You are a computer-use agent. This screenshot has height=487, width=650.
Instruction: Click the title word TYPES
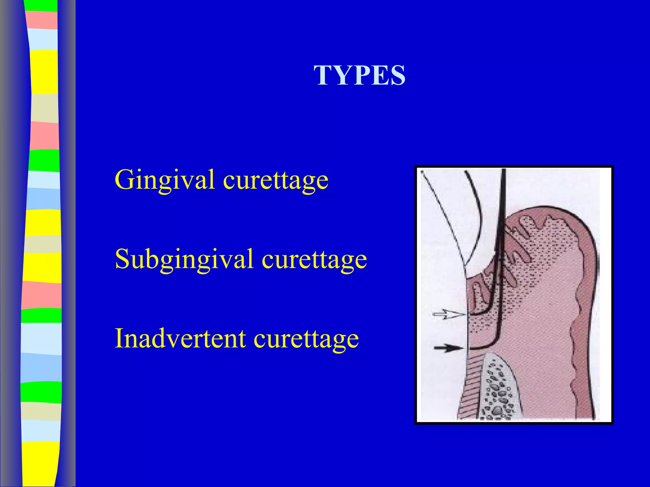360,75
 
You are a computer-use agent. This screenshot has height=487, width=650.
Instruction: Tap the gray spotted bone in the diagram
498,390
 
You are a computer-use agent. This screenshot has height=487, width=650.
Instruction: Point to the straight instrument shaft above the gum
503,197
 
